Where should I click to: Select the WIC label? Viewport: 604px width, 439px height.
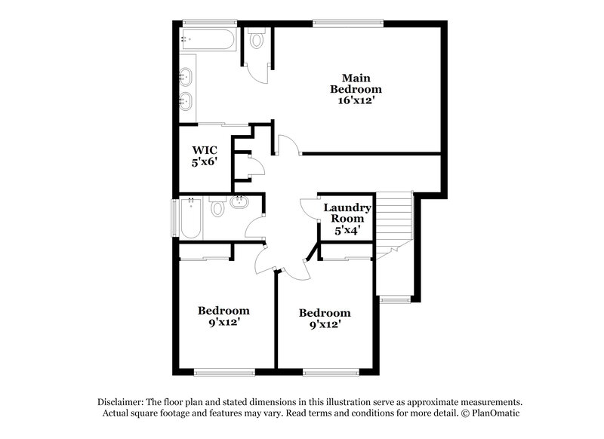pyautogui.click(x=205, y=150)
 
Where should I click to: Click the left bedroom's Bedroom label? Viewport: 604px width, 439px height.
pyautogui.click(x=223, y=310)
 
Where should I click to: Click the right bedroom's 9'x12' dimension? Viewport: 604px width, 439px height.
pyautogui.click(x=325, y=325)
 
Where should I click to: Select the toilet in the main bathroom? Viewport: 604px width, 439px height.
pyautogui.click(x=256, y=39)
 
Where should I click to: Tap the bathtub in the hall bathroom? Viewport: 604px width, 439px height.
pyautogui.click(x=190, y=218)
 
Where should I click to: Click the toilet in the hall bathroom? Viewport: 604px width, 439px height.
pyautogui.click(x=217, y=207)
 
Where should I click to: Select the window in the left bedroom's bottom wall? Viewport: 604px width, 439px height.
pyautogui.click(x=224, y=371)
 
